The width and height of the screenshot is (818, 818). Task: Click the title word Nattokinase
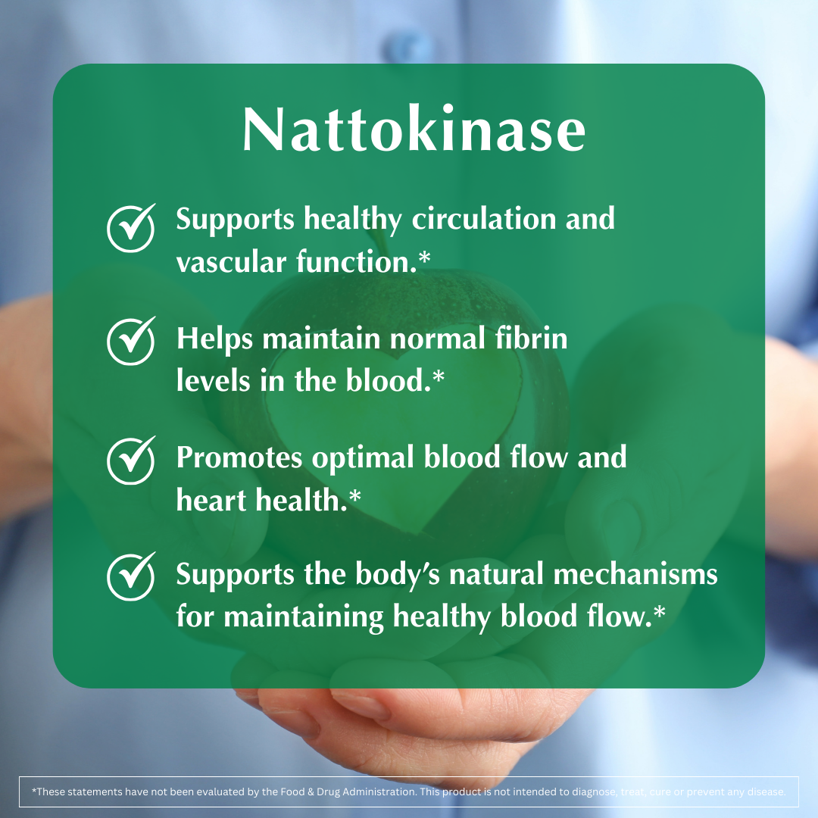[414, 131]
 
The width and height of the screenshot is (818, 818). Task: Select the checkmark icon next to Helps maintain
[130, 342]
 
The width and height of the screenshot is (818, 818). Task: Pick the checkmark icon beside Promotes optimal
[130, 460]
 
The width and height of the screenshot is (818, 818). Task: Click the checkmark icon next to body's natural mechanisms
[130, 577]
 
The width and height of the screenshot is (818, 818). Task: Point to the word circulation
[482, 220]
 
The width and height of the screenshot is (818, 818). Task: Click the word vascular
[220, 263]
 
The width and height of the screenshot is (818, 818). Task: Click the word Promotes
[239, 458]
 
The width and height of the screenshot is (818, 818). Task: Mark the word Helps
[215, 339]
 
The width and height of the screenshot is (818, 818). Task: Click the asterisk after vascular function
[424, 260]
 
